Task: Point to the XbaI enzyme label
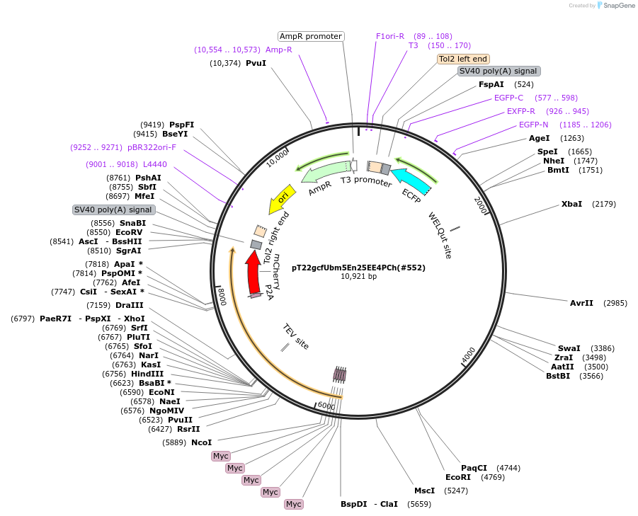[571, 204]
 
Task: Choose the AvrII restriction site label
[581, 303]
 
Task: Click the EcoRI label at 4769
[458, 477]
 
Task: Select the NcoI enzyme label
[201, 442]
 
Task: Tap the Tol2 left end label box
[462, 59]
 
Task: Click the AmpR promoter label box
[310, 36]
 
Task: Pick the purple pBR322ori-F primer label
[152, 147]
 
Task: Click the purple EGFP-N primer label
[533, 125]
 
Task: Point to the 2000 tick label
[481, 206]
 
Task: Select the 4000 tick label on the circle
[468, 355]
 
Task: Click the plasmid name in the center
[358, 268]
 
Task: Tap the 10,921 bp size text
[358, 277]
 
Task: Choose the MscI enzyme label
[424, 491]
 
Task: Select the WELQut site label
[439, 236]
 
